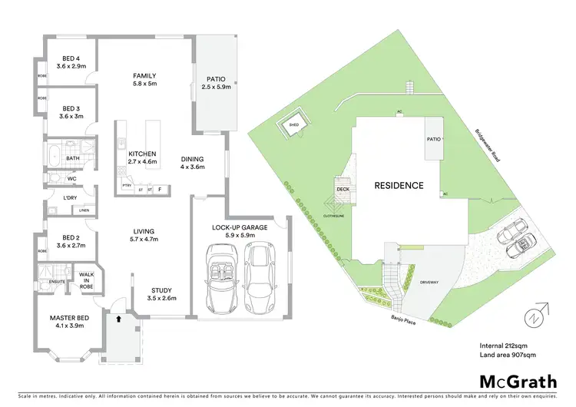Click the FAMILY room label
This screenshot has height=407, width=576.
pos(144,76)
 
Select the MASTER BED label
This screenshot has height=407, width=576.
pos(69,317)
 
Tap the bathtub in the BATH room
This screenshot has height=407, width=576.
pos(53,157)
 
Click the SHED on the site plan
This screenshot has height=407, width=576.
pos(293,124)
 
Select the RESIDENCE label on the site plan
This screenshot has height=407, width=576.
pos(399,185)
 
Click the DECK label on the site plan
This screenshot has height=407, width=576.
pos(343,190)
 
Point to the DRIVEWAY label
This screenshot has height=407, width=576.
pos(429,282)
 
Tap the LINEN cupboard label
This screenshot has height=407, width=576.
pos(84,210)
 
